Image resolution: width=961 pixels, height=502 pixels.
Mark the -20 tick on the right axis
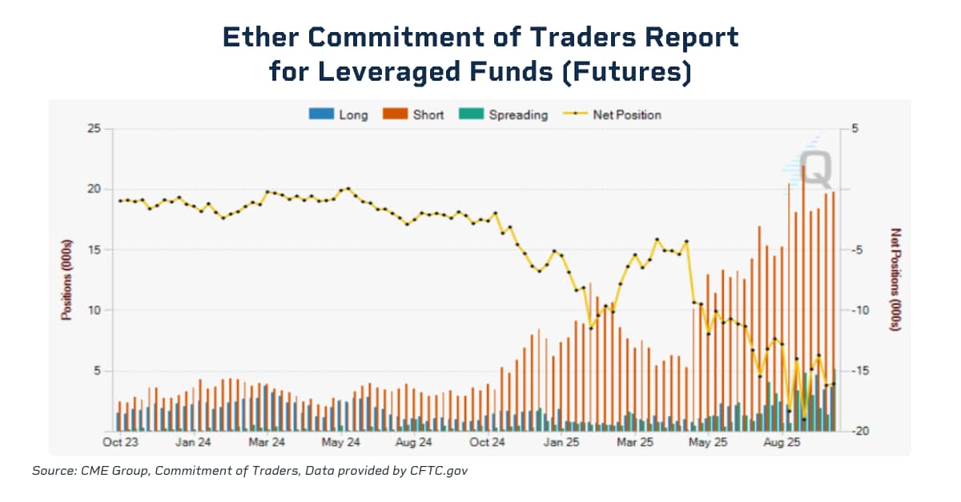(854, 432)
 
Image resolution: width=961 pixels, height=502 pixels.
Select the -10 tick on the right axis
(854, 311)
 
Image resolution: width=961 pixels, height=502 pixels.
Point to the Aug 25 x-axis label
(782, 442)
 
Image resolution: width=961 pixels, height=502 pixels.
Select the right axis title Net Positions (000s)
(895, 280)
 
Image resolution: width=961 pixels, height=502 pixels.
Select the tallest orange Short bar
(802, 296)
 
